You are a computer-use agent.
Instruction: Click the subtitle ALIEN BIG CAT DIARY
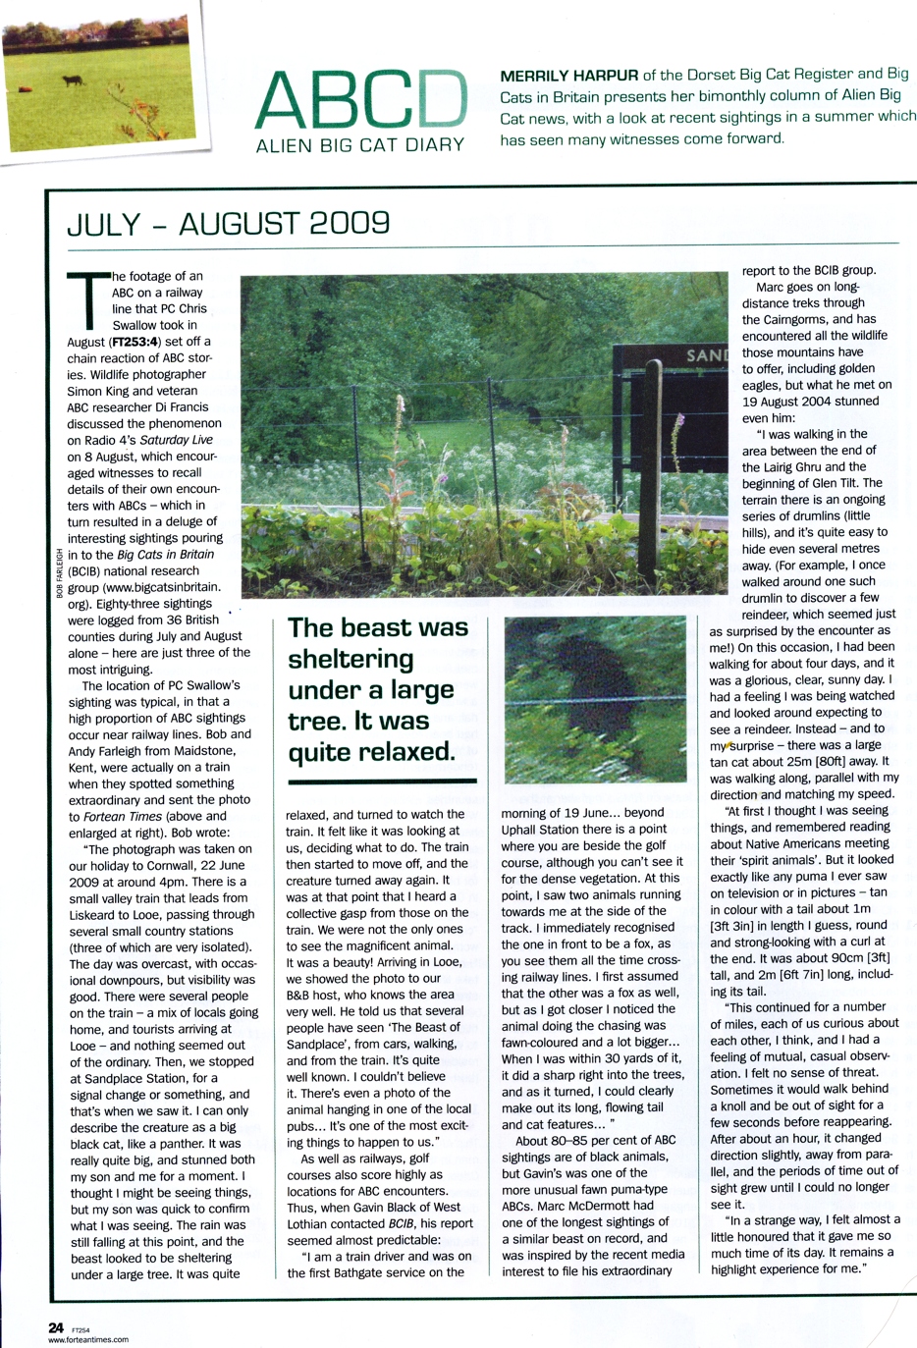pos(359,145)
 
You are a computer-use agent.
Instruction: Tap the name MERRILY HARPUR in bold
pos(568,76)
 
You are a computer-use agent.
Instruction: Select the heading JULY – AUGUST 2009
pos(228,224)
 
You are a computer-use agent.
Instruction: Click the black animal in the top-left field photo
pos(72,81)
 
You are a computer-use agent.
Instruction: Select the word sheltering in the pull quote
pos(351,659)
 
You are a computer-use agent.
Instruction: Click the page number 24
pos(56,1327)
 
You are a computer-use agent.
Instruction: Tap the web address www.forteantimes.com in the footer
pos(88,1339)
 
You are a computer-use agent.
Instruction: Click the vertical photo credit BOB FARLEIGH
pos(59,573)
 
